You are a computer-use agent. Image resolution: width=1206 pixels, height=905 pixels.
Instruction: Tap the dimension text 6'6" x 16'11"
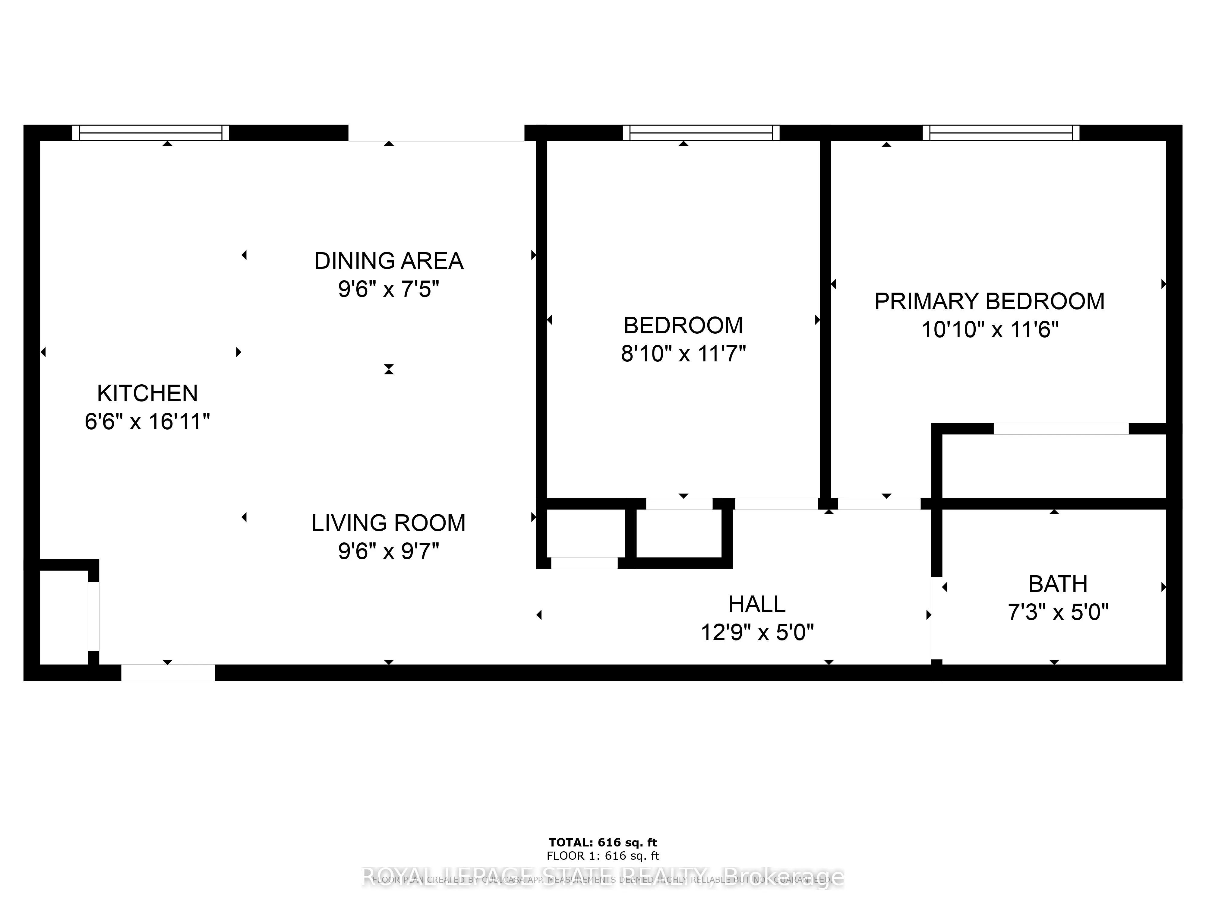[x=147, y=422]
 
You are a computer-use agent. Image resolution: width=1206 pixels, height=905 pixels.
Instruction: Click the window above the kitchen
[x=150, y=132]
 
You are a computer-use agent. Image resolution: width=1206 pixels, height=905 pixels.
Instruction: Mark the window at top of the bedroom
[x=701, y=132]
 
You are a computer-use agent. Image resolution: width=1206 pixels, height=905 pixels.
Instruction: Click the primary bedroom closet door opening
[x=1060, y=429]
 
